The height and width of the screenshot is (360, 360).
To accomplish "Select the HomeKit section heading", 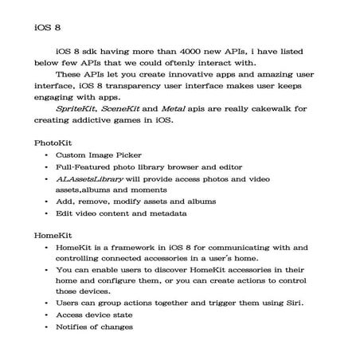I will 53,237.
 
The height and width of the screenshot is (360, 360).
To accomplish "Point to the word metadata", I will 166,213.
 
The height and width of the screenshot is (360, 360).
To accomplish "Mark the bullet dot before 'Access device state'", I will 48,315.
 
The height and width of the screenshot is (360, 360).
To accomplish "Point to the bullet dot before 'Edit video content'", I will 48,213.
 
